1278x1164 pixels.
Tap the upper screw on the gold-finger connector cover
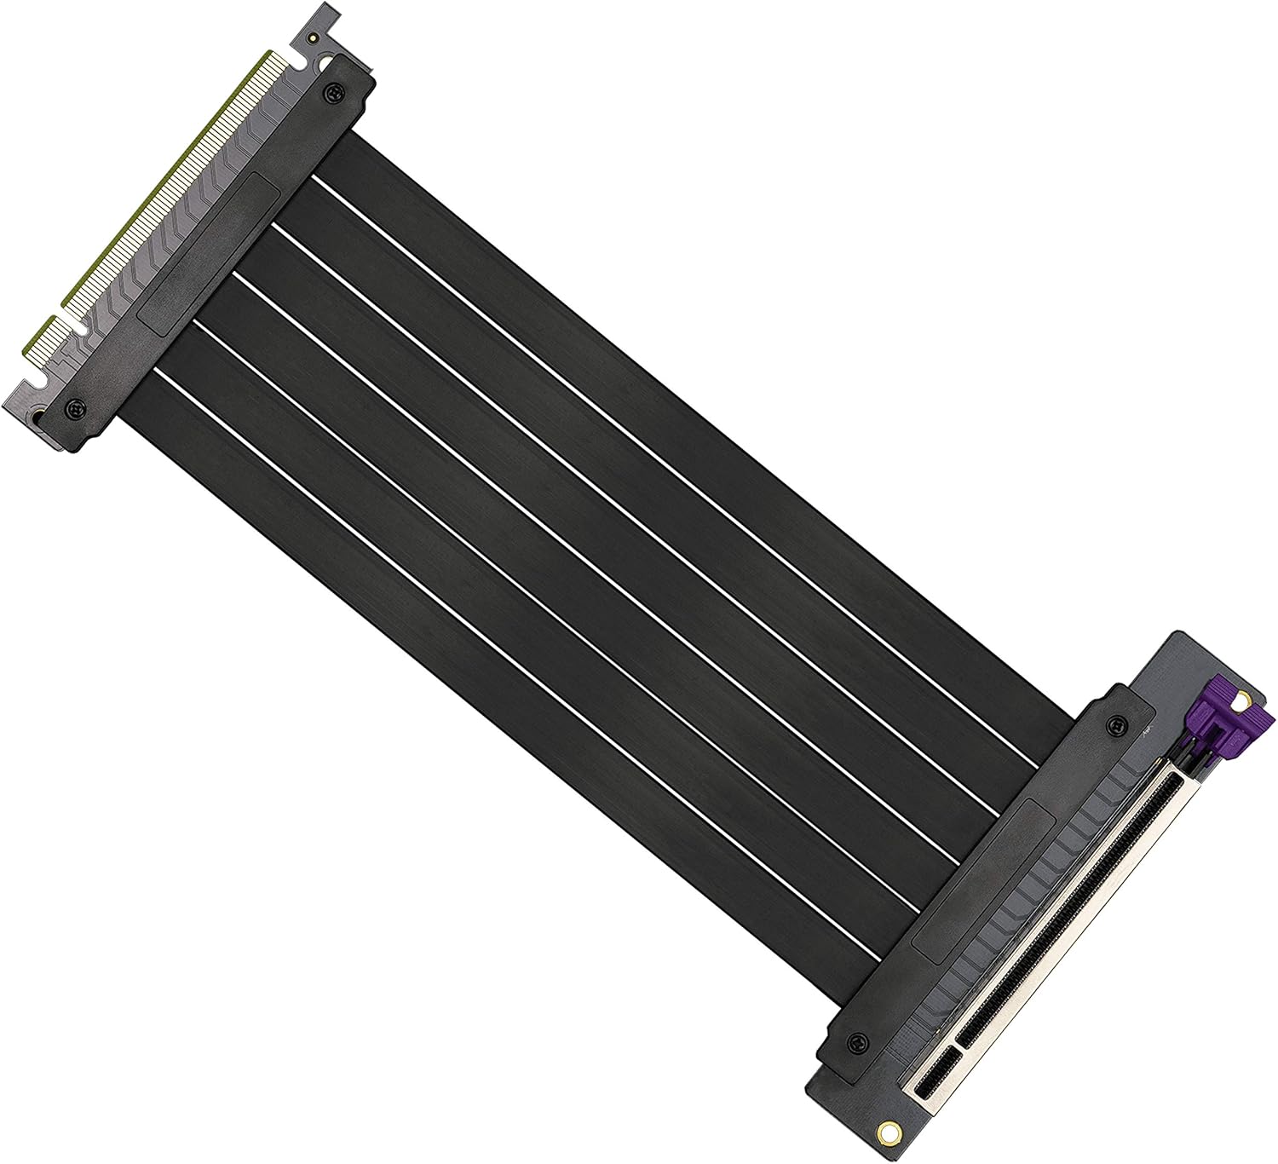[x=334, y=89]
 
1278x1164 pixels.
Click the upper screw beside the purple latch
[x=1113, y=723]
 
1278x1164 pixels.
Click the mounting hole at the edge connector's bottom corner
[x=39, y=417]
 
